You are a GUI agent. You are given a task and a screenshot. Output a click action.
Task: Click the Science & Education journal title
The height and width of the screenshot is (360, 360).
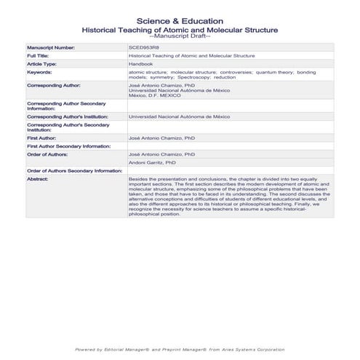[180, 20]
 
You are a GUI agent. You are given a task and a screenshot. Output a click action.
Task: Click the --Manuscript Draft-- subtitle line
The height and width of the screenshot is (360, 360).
[180, 36]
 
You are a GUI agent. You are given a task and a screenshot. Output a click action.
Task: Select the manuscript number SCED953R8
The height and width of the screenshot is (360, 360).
[143, 47]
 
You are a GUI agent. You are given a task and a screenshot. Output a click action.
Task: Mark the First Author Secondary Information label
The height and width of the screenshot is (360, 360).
[68, 145]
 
